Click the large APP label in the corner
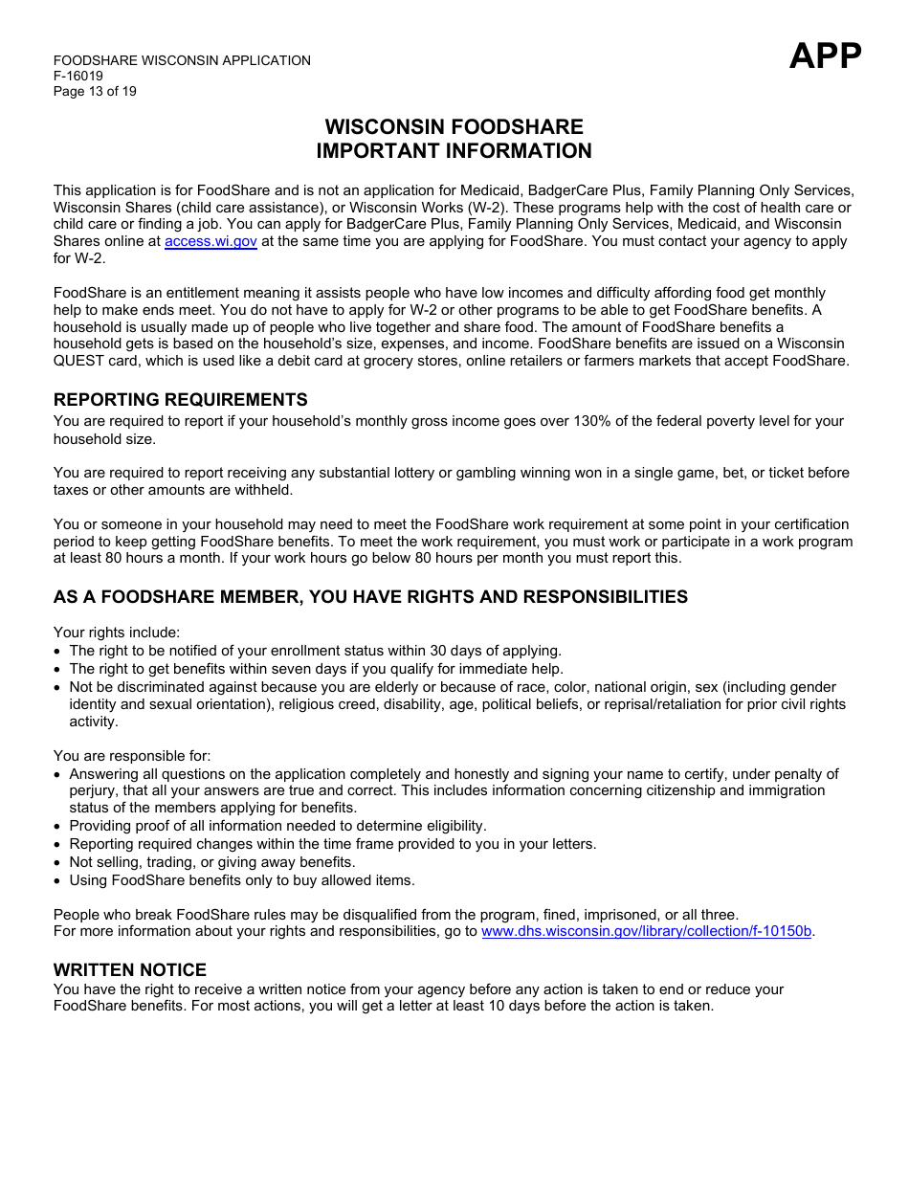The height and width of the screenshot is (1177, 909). tap(825, 56)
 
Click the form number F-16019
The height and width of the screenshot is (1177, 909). tap(78, 77)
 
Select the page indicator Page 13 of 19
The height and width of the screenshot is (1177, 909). tap(95, 92)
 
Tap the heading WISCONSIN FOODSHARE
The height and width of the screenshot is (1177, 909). tap(454, 127)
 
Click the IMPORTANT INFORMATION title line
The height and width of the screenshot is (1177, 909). tap(454, 151)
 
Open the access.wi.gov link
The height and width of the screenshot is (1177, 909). tap(211, 242)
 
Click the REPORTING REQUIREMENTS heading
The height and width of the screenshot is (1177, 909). tap(181, 400)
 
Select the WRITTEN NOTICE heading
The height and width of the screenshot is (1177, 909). tap(130, 970)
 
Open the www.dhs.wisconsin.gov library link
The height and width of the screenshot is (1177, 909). tap(646, 932)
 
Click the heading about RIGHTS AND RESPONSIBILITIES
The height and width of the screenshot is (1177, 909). tap(370, 597)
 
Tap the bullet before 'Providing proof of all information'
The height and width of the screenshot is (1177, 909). tap(58, 827)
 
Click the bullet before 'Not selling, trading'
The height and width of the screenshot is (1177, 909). tap(58, 863)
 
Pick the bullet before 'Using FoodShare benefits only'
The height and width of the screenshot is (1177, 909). tap(58, 881)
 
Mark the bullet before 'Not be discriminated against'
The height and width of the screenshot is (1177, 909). tap(58, 688)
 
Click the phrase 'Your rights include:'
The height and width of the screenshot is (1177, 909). tap(117, 633)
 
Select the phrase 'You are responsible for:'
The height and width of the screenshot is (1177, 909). tap(132, 756)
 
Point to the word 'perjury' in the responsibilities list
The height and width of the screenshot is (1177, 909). tap(92, 791)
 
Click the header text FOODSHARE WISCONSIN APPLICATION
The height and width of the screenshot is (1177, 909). tap(182, 61)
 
